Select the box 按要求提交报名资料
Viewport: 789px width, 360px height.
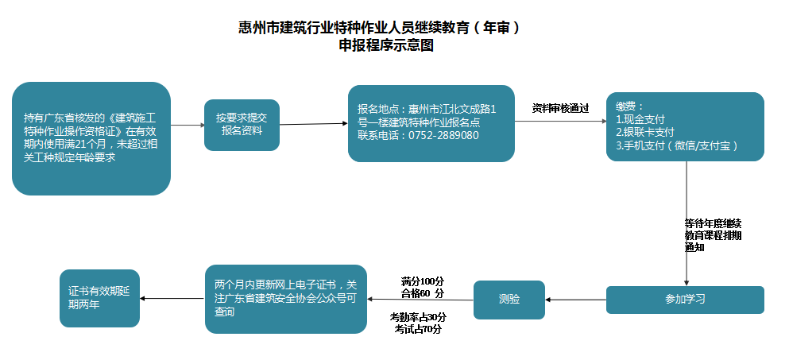[242, 125]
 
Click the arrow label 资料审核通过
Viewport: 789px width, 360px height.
[560, 108]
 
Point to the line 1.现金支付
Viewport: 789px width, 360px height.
[640, 119]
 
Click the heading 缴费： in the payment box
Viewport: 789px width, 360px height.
[630, 106]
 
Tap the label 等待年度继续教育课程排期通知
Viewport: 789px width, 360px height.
[713, 235]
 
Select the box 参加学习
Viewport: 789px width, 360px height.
[685, 300]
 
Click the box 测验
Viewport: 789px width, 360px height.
[509, 300]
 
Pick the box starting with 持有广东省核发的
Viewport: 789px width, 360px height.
[91, 138]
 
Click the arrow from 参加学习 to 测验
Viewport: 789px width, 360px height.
[576, 300]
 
